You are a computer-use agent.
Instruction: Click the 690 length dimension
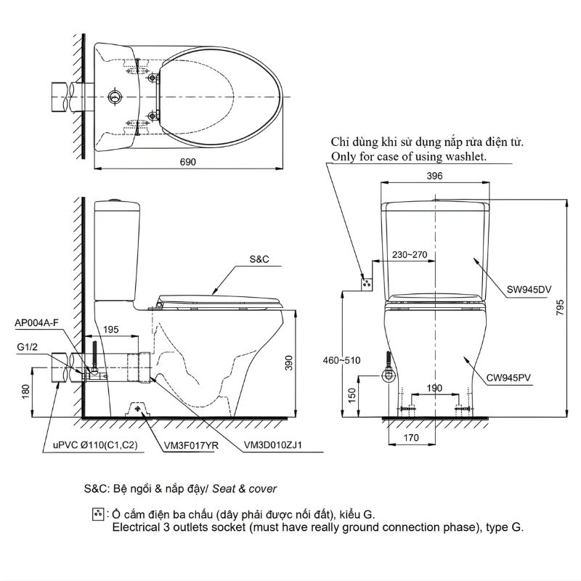click(x=189, y=163)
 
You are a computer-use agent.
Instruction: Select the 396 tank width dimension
click(x=434, y=176)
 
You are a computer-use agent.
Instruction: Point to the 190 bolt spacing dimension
click(x=434, y=389)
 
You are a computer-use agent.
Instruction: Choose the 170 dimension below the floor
click(x=411, y=439)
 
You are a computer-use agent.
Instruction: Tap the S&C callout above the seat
click(x=259, y=259)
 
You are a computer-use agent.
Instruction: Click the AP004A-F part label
click(x=36, y=323)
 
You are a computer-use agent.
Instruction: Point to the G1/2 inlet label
click(x=28, y=349)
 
